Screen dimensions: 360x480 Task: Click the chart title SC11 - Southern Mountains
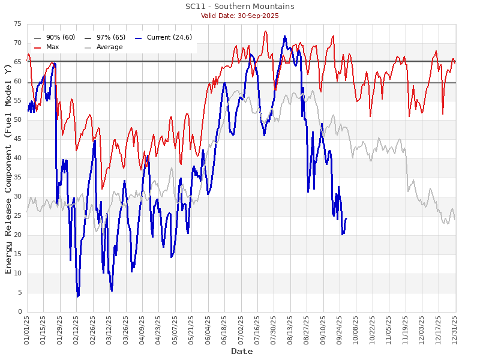click(239, 7)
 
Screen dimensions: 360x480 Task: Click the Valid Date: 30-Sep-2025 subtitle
click(239, 16)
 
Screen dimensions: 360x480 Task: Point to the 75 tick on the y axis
click(19, 24)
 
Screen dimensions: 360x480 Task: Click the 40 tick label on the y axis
click(19, 158)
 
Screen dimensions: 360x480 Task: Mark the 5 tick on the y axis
click(20, 293)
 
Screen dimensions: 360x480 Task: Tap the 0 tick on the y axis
click(20, 312)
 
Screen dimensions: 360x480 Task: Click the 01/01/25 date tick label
click(28, 330)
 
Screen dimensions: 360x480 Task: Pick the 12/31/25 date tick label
click(455, 330)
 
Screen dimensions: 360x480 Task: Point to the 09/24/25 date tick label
click(340, 330)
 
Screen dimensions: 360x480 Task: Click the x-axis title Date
click(241, 352)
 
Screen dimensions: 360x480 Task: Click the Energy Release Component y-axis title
click(8, 168)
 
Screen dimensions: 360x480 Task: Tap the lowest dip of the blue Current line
click(77, 296)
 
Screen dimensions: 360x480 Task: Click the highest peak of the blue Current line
click(284, 36)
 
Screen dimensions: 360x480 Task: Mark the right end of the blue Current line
click(346, 218)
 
